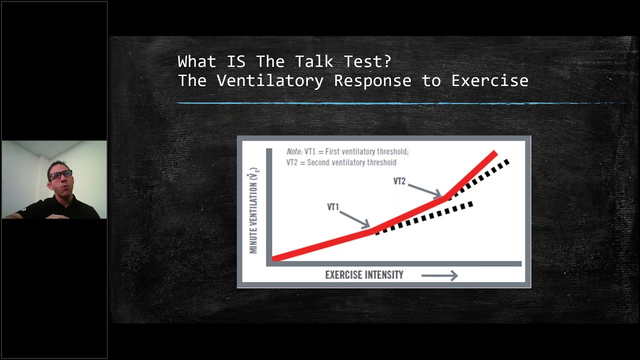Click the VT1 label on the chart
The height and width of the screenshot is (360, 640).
(x=333, y=207)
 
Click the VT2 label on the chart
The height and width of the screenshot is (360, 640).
(x=399, y=181)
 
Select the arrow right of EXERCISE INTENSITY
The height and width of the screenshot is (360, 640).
(x=439, y=275)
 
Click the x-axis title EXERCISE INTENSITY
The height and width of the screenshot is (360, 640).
(x=364, y=275)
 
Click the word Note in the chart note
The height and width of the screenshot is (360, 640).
(x=294, y=151)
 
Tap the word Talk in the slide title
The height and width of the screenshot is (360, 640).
(x=314, y=61)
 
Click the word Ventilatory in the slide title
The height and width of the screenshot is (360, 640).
(x=270, y=80)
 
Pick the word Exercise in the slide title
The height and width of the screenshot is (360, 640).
(x=489, y=80)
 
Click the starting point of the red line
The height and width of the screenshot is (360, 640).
(x=275, y=258)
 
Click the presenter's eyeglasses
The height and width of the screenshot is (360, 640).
(x=61, y=174)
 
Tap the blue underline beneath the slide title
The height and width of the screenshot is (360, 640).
(x=400, y=103)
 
